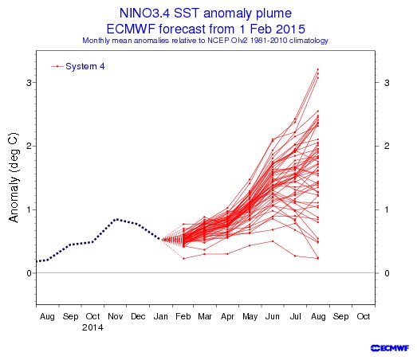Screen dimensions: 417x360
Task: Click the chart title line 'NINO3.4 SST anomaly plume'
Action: tap(206, 13)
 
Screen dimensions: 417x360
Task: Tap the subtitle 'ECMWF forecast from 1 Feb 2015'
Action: tap(206, 29)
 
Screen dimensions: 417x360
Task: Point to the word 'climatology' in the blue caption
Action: tap(309, 41)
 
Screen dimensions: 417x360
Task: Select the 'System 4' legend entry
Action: tap(78, 66)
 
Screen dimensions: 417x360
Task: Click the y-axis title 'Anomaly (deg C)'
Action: tap(14, 178)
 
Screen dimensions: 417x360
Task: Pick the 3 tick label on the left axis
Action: tap(29, 83)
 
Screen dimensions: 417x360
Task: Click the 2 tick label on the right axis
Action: tap(387, 146)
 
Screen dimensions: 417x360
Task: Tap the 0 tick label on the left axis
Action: tap(29, 273)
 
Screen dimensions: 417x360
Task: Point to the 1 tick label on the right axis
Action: tap(387, 209)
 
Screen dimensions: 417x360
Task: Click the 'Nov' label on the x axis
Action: tap(116, 316)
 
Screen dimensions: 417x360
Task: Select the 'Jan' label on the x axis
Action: tap(160, 316)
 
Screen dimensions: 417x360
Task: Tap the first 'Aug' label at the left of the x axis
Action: tap(47, 317)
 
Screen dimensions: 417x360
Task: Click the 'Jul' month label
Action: tap(295, 316)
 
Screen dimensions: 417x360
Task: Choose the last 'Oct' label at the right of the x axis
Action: tap(364, 316)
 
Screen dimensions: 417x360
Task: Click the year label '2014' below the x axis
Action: tap(92, 327)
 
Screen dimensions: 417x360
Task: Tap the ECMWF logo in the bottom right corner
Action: tap(390, 348)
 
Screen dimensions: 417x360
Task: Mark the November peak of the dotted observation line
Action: tap(116, 219)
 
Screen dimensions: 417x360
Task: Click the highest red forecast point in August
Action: tap(318, 69)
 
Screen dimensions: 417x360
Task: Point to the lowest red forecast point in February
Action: tap(183, 258)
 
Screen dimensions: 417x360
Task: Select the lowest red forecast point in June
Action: tap(273, 241)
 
